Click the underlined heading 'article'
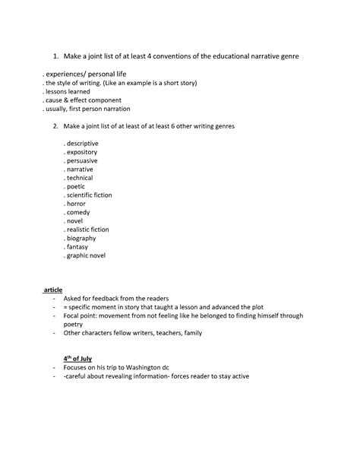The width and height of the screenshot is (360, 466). coord(53,290)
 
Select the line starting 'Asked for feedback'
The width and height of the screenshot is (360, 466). coord(116,299)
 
